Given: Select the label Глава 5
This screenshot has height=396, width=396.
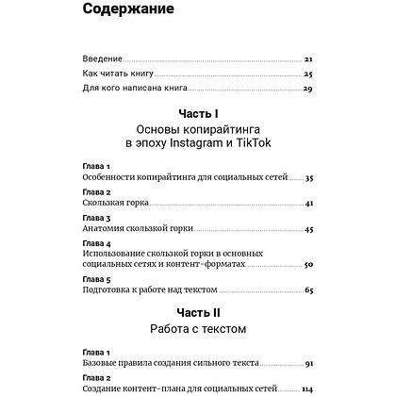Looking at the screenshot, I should click(x=97, y=281).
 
